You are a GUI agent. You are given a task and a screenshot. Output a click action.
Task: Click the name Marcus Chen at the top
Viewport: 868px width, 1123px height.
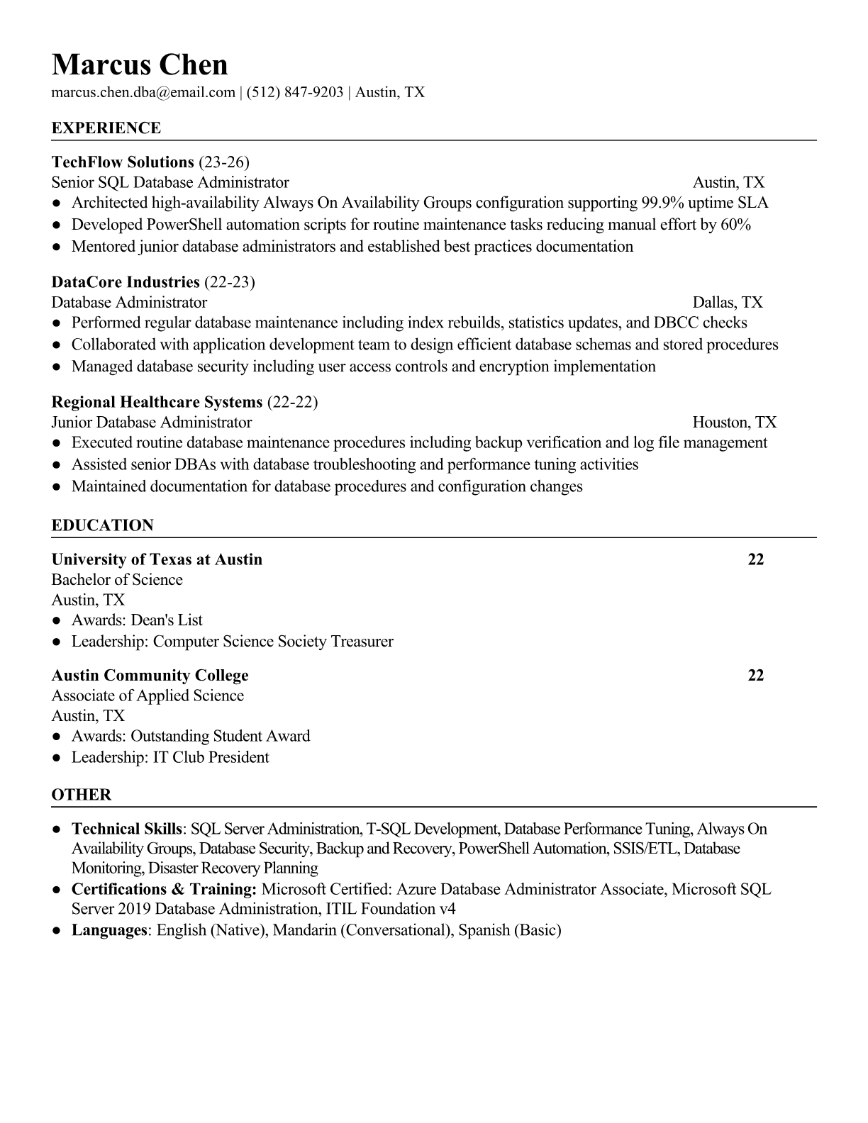pyautogui.click(x=140, y=65)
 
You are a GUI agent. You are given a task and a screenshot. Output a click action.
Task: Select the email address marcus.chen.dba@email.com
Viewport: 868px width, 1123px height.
pyautogui.click(x=143, y=92)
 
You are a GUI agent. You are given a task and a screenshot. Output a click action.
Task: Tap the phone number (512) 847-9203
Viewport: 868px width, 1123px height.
pyautogui.click(x=294, y=92)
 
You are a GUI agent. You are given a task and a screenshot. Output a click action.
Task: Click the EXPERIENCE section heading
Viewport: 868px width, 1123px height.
pyautogui.click(x=106, y=128)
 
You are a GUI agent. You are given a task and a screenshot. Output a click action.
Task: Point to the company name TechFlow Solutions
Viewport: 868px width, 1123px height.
pyautogui.click(x=123, y=162)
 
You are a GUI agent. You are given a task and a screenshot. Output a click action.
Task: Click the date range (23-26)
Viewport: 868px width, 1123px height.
pyautogui.click(x=224, y=162)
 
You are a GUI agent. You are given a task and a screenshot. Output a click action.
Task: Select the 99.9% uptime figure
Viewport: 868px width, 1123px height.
pyautogui.click(x=663, y=203)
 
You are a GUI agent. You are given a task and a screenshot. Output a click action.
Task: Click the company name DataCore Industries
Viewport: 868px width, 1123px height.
pyautogui.click(x=126, y=282)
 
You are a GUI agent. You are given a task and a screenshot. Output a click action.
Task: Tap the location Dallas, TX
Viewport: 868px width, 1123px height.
pyautogui.click(x=728, y=303)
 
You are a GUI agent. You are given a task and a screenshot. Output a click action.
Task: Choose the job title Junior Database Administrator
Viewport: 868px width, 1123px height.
pyautogui.click(x=152, y=423)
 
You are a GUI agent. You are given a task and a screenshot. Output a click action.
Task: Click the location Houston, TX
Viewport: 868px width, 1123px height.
pyautogui.click(x=735, y=423)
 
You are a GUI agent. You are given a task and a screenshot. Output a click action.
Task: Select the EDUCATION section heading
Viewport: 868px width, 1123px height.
pyautogui.click(x=103, y=525)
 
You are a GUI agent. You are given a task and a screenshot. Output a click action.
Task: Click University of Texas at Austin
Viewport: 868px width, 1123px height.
pyautogui.click(x=157, y=559)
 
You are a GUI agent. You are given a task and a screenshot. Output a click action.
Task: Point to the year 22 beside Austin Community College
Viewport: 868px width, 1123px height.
pyautogui.click(x=756, y=675)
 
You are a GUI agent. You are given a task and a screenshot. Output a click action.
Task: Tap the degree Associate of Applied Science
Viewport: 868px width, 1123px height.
pyautogui.click(x=148, y=695)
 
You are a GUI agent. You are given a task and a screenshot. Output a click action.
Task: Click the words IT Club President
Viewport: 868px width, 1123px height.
pyautogui.click(x=211, y=757)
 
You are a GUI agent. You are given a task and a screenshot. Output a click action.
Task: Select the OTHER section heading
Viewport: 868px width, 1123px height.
pyautogui.click(x=82, y=795)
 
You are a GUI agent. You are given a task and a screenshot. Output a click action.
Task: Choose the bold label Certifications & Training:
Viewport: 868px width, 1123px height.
pyautogui.click(x=164, y=889)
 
